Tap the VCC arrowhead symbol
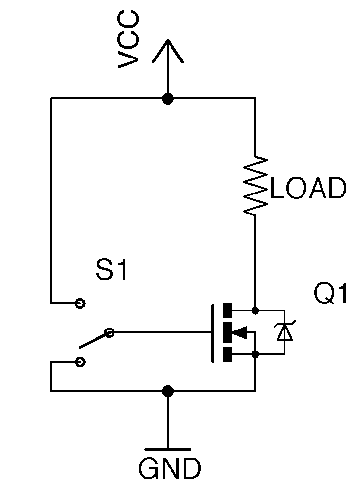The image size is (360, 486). [168, 51]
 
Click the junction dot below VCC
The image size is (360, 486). [168, 99]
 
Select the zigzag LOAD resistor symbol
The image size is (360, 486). [255, 186]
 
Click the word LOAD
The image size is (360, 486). [308, 189]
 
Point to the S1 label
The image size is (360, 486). [112, 271]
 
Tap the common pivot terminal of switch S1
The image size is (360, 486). [110, 333]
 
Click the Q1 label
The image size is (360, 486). [331, 294]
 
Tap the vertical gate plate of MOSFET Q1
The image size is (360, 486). [213, 333]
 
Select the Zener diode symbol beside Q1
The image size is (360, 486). [284, 332]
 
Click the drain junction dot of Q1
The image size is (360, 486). [255, 310]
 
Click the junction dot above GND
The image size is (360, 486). [168, 391]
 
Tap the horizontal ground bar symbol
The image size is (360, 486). [168, 449]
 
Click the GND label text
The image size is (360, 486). [169, 469]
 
